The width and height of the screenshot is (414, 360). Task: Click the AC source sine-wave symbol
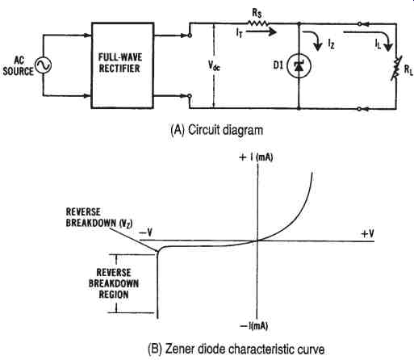tap(43, 65)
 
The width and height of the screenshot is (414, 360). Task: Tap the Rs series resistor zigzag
tap(257, 23)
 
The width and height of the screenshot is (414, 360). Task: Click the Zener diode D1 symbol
tap(299, 65)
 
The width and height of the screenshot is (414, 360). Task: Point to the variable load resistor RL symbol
tap(395, 69)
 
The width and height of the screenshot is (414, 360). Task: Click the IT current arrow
tap(261, 32)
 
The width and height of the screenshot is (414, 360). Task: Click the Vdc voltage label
tap(214, 65)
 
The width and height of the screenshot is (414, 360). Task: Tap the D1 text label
tap(278, 65)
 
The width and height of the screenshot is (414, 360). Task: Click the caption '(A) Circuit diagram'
tap(217, 130)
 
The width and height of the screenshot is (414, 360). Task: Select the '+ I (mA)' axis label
tap(256, 157)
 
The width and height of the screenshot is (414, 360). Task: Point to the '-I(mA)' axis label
tap(254, 326)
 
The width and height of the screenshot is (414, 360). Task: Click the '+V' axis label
tap(367, 233)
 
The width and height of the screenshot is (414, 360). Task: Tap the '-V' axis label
tap(146, 232)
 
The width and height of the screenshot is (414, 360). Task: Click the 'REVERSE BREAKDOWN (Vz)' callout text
tap(99, 218)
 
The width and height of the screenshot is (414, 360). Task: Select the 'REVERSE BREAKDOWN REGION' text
tap(114, 283)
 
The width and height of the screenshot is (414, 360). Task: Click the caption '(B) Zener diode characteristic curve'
tap(236, 350)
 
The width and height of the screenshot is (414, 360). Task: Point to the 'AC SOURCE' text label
tap(19, 66)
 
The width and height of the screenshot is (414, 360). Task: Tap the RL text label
tap(408, 69)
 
